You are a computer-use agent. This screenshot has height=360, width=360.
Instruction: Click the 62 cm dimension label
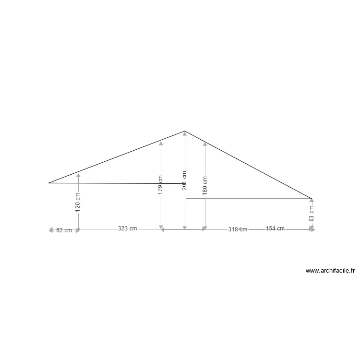coord(64,230)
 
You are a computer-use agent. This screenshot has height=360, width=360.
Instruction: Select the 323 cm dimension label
coord(127,229)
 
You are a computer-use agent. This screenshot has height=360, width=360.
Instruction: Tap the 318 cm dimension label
coord(238,229)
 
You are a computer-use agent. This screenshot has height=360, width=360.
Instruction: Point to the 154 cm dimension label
coord(275,228)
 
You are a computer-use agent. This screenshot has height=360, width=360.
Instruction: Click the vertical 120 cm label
coord(78,202)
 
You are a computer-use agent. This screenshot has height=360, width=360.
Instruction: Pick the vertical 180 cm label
coord(205,185)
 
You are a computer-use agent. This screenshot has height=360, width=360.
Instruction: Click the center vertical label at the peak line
coord(184,181)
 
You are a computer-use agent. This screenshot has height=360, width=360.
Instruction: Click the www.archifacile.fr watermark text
coord(330,271)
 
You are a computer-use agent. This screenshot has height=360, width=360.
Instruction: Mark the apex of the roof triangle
coord(184,131)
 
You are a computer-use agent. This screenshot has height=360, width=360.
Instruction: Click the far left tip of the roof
coord(49,183)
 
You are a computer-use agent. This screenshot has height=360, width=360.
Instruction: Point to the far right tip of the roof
coord(312,198)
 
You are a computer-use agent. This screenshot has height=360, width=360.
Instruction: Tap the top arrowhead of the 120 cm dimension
coord(78,175)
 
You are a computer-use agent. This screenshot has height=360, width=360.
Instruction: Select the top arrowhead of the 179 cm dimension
coord(161,143)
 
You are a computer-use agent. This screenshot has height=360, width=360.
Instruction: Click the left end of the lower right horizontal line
coord(186,198)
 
